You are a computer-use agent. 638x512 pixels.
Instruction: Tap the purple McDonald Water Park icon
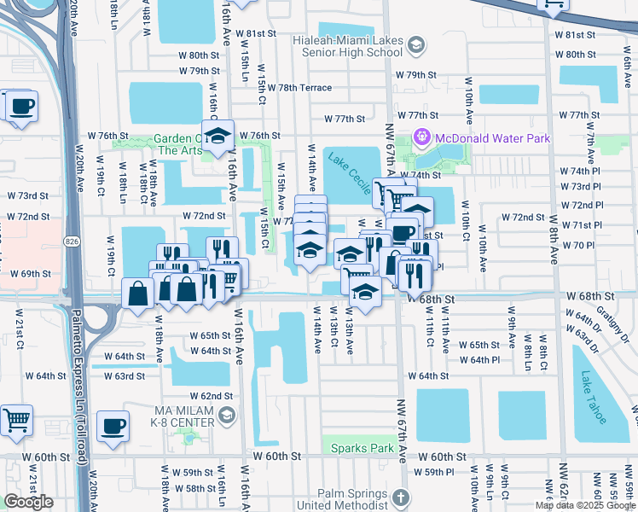pyautogui.click(x=420, y=137)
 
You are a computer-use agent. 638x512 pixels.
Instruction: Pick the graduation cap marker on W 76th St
pyautogui.click(x=218, y=136)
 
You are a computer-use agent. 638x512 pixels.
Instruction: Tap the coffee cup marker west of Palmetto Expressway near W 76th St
pyautogui.click(x=22, y=107)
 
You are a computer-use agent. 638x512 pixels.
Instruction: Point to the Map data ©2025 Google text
pyautogui.click(x=585, y=505)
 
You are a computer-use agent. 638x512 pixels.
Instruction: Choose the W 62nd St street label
pyautogui.click(x=212, y=396)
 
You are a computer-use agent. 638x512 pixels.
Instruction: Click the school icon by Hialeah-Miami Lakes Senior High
pyautogui.click(x=416, y=45)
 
